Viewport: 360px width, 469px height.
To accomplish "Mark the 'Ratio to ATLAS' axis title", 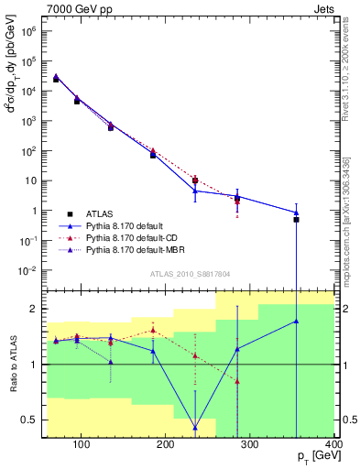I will [12, 365].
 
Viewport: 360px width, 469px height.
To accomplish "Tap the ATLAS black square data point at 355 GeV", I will [296, 220].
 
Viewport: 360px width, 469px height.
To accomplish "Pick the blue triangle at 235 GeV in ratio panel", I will [195, 428].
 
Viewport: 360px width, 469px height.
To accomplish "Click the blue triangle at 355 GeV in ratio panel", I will [296, 322].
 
